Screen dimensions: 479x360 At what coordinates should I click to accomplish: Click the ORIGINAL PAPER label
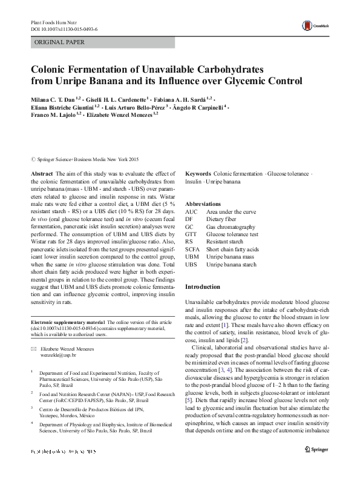(59, 42)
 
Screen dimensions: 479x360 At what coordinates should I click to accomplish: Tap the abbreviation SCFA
(193, 249)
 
